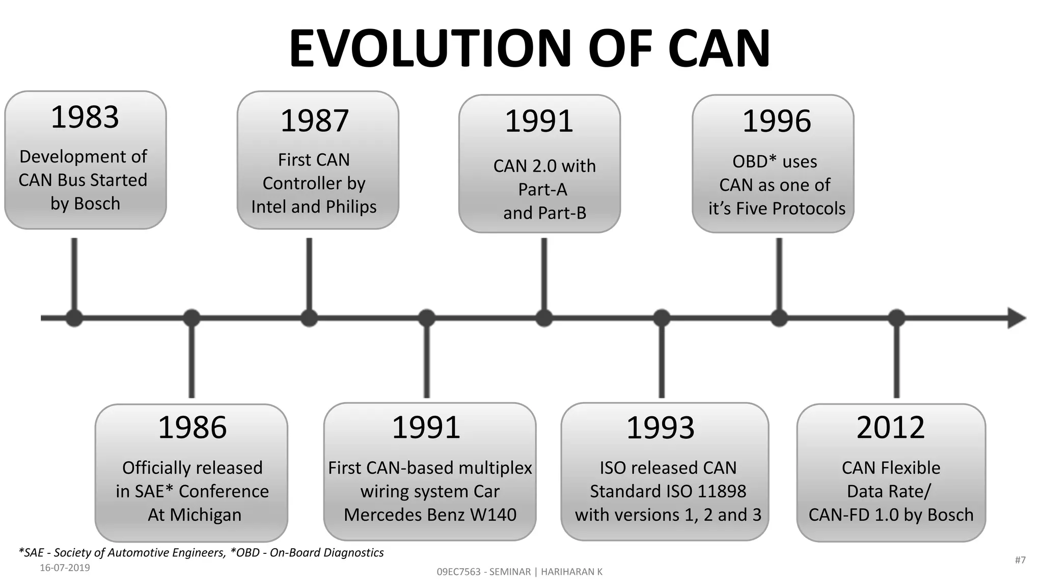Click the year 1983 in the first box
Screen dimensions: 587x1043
point(85,117)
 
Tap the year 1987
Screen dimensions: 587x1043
point(315,121)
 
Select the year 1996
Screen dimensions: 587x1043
point(777,121)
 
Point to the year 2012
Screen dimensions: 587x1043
point(890,428)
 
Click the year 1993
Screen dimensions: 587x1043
point(660,428)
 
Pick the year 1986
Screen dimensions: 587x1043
point(192,428)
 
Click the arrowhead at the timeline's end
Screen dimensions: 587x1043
point(1016,318)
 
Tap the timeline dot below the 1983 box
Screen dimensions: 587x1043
point(74,318)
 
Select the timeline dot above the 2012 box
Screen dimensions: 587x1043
point(896,318)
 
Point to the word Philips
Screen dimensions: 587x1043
point(351,207)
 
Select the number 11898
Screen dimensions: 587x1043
point(722,492)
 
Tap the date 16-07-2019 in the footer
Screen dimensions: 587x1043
point(65,568)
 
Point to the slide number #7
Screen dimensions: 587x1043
point(1020,560)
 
